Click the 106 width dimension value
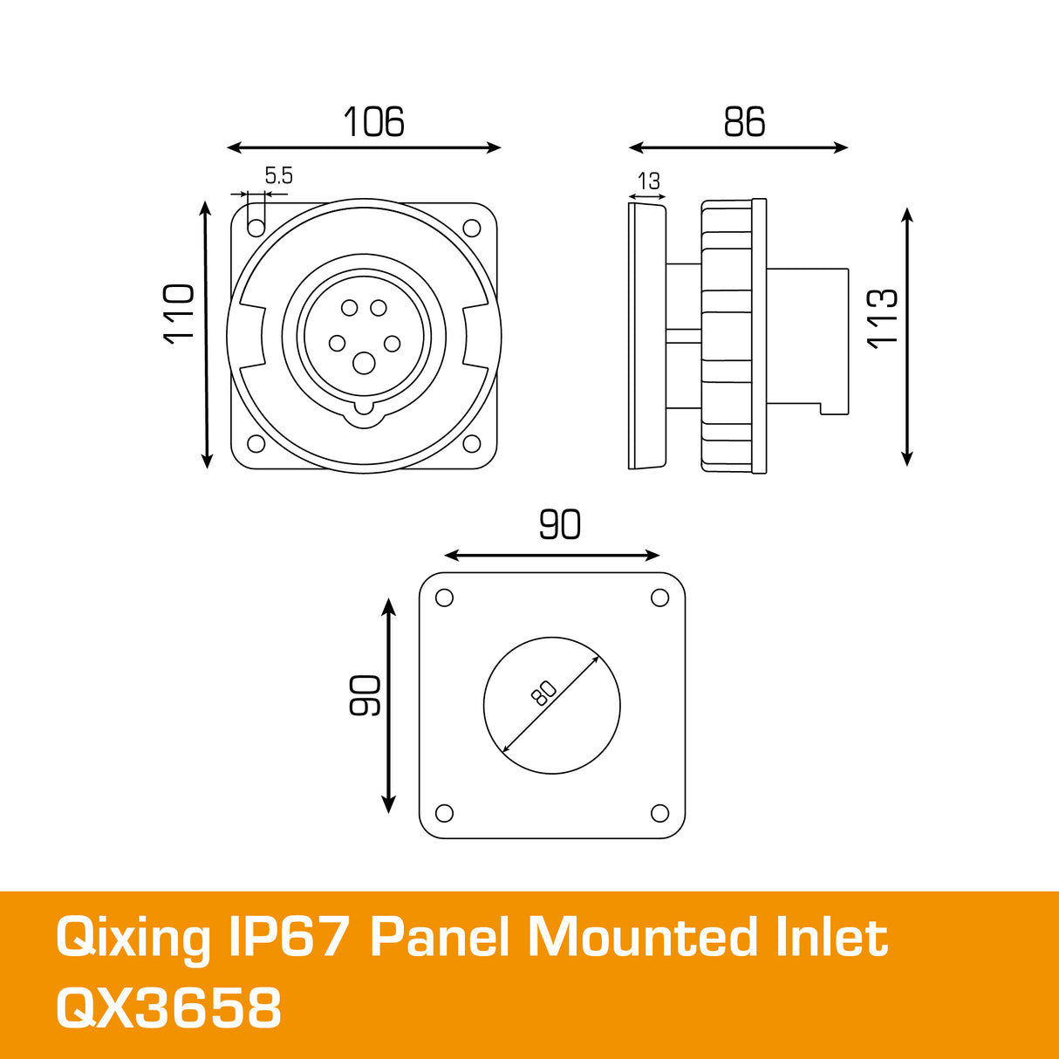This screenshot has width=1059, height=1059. [373, 122]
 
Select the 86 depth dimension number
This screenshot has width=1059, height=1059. [744, 122]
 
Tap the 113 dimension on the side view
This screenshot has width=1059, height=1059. [883, 318]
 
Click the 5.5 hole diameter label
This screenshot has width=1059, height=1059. [278, 176]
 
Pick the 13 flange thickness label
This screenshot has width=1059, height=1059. [649, 181]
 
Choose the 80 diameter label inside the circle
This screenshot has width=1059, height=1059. [543, 693]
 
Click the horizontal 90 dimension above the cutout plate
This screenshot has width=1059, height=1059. [559, 524]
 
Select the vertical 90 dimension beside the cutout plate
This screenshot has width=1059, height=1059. [366, 695]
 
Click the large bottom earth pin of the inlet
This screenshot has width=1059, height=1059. [364, 364]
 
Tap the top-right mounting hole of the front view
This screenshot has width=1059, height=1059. [472, 229]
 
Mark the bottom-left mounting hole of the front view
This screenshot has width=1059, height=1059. [256, 443]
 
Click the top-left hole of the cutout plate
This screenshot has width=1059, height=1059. [444, 598]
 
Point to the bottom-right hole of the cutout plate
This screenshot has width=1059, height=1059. [660, 814]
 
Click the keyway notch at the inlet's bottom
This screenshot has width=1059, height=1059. [364, 412]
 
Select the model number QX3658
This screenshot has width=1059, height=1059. [168, 1008]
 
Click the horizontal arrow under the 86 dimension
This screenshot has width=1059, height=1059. [738, 148]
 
